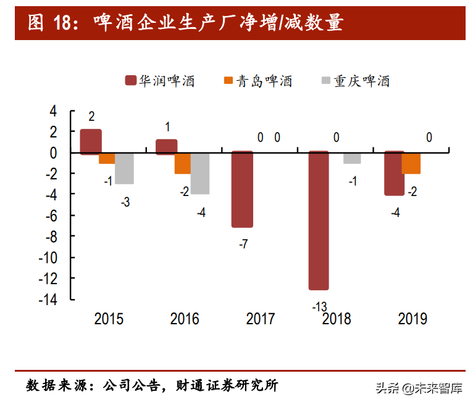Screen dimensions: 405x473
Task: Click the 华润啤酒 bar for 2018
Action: pos(319,221)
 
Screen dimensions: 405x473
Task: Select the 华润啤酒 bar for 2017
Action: pos(242,189)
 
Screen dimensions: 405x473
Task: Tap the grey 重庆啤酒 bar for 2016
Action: pos(199,173)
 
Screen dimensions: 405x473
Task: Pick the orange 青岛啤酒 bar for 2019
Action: pos(411,163)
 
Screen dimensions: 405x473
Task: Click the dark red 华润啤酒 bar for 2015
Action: pos(91,141)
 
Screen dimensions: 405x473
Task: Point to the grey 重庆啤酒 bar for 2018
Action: pos(352,158)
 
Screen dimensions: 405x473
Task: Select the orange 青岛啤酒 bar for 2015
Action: pos(107,158)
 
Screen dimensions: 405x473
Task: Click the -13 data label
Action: pos(319,306)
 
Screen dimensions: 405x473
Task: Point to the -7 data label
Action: pos(243,244)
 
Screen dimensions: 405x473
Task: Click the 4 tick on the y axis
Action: pos(53,111)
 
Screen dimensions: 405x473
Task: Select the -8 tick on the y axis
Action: pos(51,236)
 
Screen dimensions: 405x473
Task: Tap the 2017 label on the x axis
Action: pos(261,319)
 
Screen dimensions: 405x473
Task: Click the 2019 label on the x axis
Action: pos(412,319)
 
